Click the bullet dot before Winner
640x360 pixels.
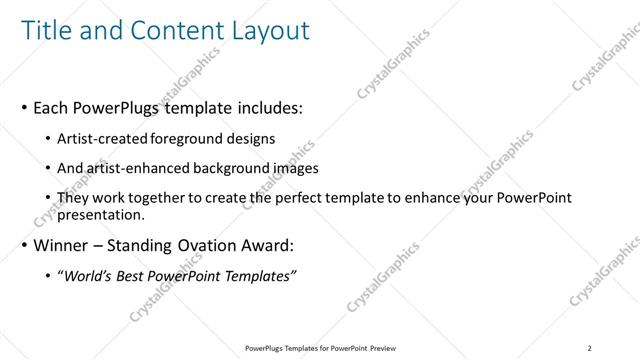tap(23, 244)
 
